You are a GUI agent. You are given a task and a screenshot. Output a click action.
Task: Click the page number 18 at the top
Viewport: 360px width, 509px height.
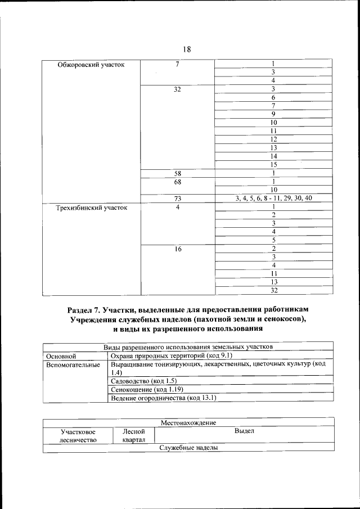pos(187,49)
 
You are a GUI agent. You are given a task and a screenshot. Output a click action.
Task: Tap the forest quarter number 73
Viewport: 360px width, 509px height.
pos(177,199)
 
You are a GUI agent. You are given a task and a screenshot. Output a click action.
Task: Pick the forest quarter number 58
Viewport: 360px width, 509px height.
pos(177,174)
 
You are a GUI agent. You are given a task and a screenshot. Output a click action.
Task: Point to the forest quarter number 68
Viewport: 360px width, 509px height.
pos(177,182)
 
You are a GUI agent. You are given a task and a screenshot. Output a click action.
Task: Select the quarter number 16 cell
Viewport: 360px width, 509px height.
pos(177,249)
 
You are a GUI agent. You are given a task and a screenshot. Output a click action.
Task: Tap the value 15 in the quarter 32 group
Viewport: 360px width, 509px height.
pos(273,165)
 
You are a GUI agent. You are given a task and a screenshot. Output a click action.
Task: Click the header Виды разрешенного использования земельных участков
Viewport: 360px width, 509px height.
pos(188,347)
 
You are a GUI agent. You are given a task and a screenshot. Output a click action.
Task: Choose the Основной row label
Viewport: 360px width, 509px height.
pos(61,356)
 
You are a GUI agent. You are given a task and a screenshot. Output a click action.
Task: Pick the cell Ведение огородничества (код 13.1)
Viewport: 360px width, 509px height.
pos(164,398)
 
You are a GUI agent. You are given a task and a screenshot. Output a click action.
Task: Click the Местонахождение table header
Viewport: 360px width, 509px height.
pos(188,422)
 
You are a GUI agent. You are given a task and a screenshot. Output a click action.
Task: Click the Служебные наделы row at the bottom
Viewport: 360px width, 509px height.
pos(188,448)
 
